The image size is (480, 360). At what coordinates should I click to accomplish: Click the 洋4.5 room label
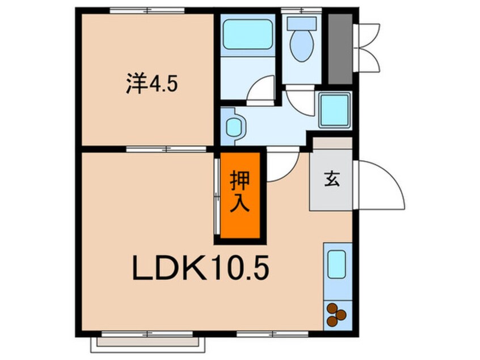[151, 85]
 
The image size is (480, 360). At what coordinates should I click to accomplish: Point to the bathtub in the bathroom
[247, 35]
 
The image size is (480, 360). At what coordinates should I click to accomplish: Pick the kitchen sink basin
[336, 265]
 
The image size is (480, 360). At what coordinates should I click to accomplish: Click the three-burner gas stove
[336, 315]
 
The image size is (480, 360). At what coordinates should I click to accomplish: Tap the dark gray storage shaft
[340, 48]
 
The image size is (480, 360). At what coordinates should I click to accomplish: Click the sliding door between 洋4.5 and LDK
[166, 149]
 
